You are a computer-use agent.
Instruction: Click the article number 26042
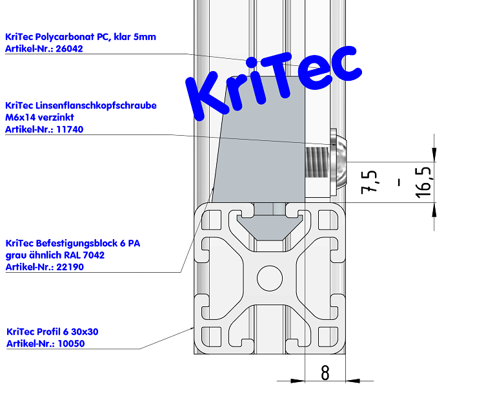click(70, 48)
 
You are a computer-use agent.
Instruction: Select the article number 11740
click(70, 129)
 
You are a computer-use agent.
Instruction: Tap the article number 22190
click(70, 267)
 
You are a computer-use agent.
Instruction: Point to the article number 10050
click(71, 343)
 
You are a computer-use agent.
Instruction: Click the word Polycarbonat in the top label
click(64, 37)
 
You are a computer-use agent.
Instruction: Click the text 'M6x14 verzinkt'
click(39, 118)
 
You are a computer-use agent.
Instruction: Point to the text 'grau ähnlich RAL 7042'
click(55, 255)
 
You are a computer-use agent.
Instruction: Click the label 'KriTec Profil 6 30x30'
click(52, 332)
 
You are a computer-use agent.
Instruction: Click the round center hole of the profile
click(270, 279)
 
